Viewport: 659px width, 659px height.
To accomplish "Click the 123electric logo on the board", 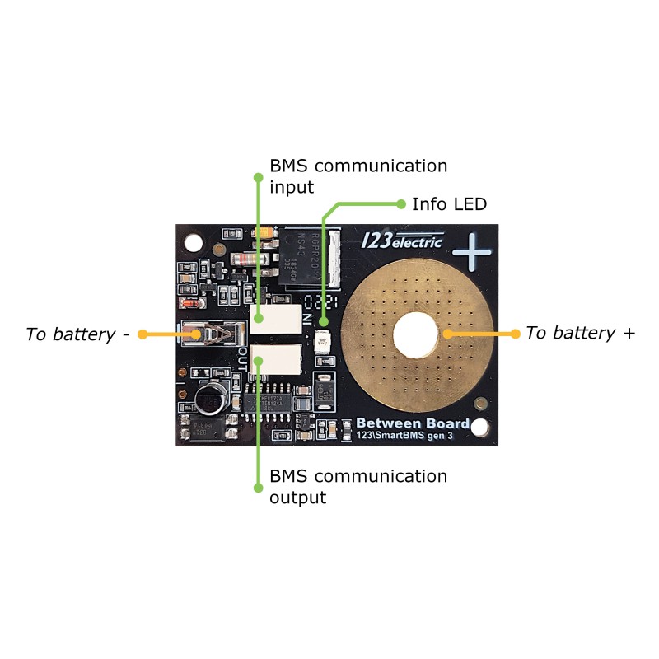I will pos(403,240).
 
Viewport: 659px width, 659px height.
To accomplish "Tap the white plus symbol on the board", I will pos(473,251).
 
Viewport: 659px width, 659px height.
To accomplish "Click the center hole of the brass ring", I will pos(414,334).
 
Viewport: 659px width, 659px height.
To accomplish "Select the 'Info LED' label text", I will pos(449,203).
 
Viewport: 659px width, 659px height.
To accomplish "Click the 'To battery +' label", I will pos(581,334).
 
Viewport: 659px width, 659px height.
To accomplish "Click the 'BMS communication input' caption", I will pos(358,176).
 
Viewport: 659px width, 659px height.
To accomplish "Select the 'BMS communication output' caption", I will pos(358,487).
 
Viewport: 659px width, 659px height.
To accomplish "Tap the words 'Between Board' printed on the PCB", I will pos(413,423).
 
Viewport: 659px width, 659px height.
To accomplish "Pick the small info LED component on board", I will pos(324,337).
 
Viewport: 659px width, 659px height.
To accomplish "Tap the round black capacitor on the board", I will pos(210,398).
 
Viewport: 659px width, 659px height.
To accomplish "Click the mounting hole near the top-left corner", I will pos(194,242).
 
